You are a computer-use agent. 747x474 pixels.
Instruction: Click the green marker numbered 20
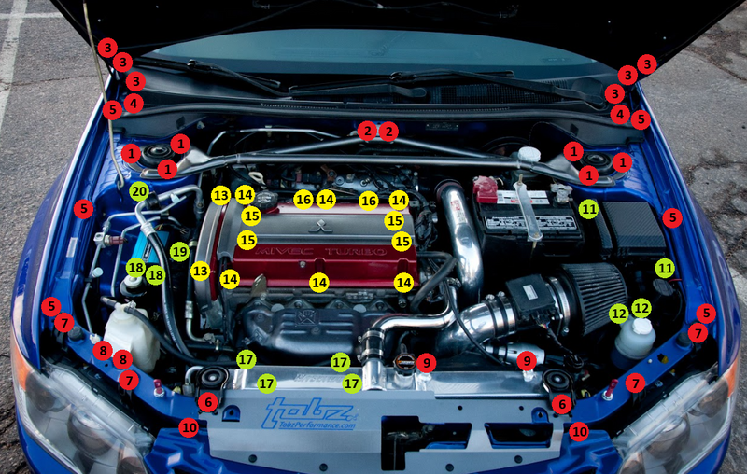point(139,192)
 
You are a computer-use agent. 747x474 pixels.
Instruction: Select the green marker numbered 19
point(179,251)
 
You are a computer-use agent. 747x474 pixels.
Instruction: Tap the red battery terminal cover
point(486,188)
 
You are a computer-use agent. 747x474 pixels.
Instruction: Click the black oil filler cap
point(267,200)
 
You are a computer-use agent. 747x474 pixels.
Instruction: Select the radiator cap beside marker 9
point(404,362)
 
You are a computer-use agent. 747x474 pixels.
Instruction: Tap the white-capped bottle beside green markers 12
point(635,338)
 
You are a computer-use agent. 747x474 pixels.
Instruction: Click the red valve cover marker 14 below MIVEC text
point(319,281)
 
